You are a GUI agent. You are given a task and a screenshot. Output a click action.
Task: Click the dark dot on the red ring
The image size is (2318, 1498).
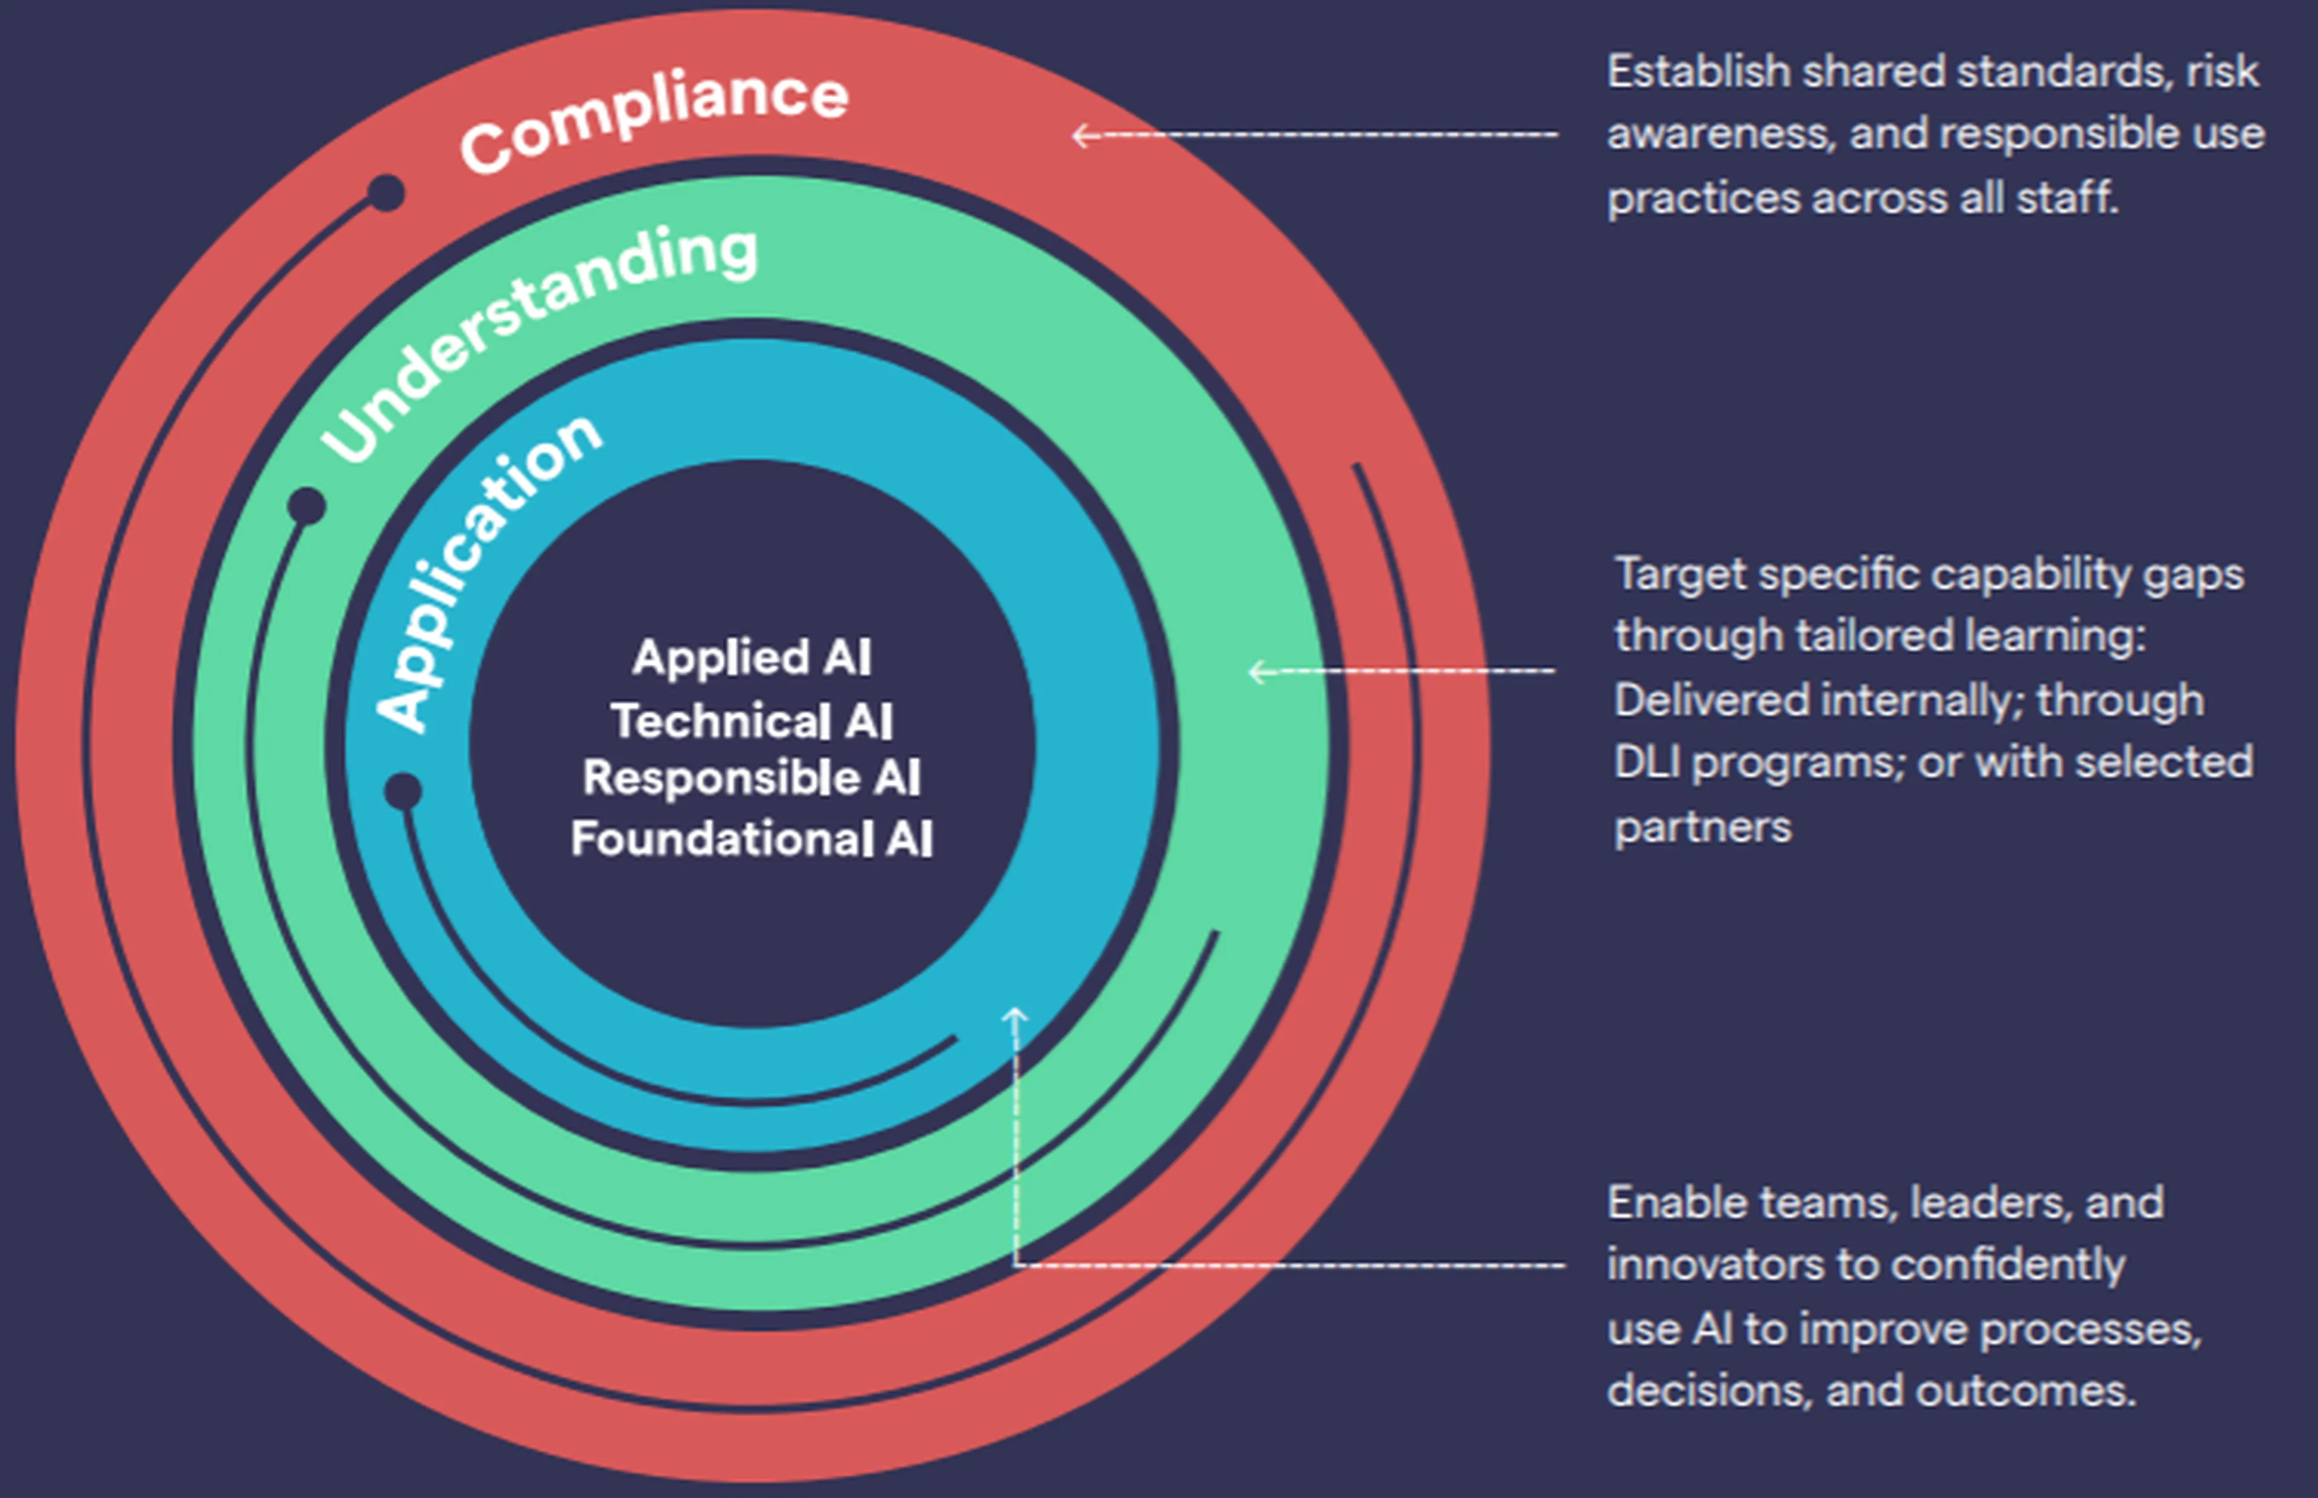pos(386,193)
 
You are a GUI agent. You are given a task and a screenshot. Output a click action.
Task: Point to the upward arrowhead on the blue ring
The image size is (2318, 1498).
pos(1015,1016)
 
